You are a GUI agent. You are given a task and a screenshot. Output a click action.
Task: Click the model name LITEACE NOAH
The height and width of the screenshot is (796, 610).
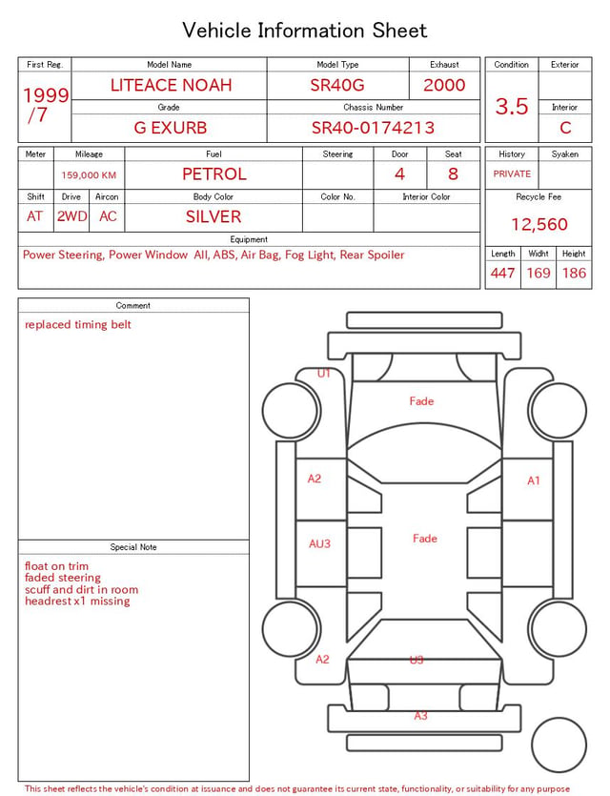point(171,85)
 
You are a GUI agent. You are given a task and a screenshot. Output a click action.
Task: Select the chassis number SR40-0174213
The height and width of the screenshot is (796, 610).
point(373,128)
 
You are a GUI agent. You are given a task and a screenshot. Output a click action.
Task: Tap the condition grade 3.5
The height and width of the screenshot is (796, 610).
point(512,107)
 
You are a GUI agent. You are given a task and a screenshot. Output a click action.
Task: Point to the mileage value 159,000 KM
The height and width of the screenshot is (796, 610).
point(89,175)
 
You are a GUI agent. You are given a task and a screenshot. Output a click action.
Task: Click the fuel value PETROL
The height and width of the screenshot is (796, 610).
point(214,174)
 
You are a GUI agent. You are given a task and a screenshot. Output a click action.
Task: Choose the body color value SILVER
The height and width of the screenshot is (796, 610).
point(213,216)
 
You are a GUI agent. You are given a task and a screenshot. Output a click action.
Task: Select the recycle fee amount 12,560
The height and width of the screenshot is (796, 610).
point(539,224)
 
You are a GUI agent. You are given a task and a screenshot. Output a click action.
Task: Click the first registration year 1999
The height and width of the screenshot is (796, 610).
point(46,95)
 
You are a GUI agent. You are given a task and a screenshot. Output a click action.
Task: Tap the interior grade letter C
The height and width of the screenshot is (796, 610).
point(565,128)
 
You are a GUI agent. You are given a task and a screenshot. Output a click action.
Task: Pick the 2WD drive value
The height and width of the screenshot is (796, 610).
point(71,216)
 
